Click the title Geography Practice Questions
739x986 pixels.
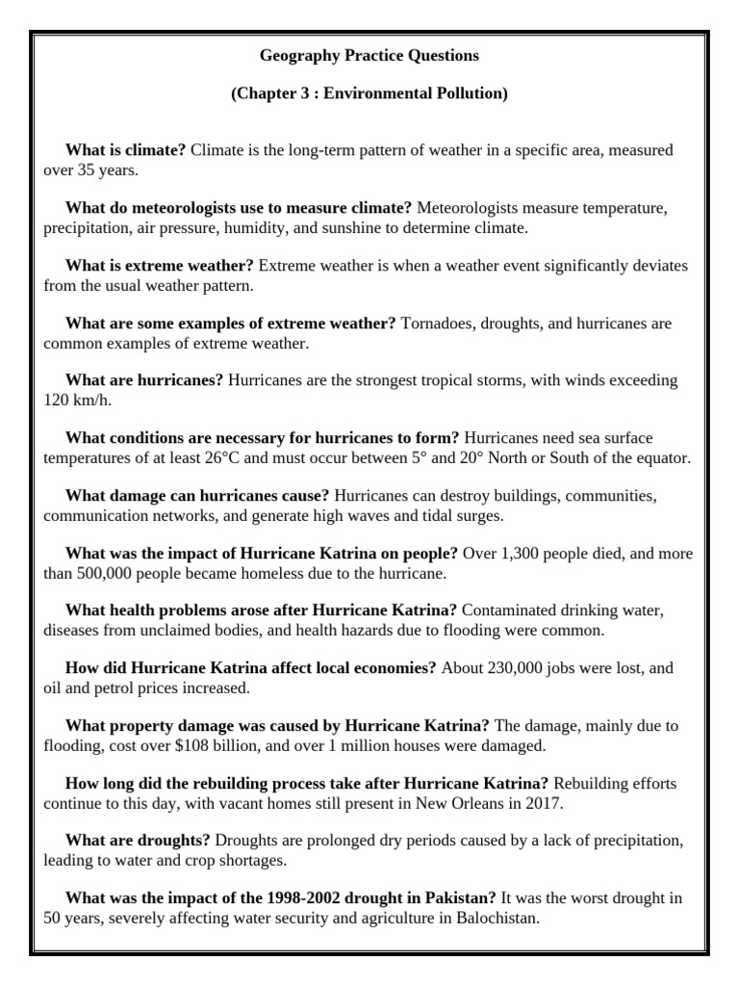(x=369, y=56)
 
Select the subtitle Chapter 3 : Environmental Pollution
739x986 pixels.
(x=369, y=93)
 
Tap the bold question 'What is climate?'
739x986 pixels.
(x=125, y=150)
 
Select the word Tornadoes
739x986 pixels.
(x=439, y=324)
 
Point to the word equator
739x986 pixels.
(x=661, y=457)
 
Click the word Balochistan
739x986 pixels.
(x=489, y=918)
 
